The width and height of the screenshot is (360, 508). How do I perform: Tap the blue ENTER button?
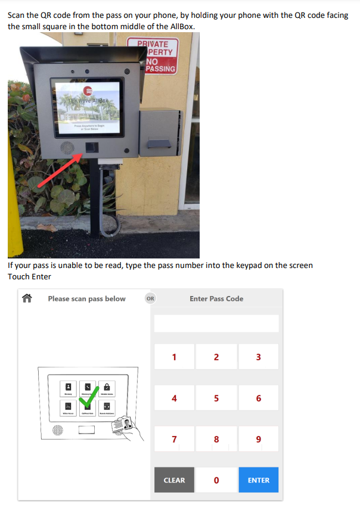pyautogui.click(x=258, y=480)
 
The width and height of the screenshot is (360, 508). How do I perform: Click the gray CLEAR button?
pyautogui.click(x=174, y=480)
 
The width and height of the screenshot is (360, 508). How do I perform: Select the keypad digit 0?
pyautogui.click(x=216, y=480)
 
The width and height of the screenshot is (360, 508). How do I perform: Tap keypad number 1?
pyautogui.click(x=174, y=357)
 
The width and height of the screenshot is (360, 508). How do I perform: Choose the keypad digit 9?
pyautogui.click(x=258, y=440)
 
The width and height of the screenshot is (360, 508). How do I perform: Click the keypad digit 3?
pyautogui.click(x=258, y=357)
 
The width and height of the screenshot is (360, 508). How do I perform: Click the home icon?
pyautogui.click(x=26, y=298)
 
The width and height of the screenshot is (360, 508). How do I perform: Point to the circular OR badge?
pyautogui.click(x=150, y=298)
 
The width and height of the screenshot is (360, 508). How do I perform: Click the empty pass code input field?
pyautogui.click(x=216, y=323)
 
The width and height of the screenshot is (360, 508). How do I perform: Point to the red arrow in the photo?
pyautogui.click(x=60, y=170)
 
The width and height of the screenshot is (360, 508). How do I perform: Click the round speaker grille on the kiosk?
pyautogui.click(x=66, y=148)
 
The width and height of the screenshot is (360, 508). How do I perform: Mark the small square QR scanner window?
pyautogui.click(x=91, y=147)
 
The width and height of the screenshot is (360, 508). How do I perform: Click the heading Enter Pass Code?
pyautogui.click(x=216, y=298)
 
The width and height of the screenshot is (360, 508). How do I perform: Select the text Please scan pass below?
pyautogui.click(x=86, y=298)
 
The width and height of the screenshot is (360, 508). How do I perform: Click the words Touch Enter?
pyautogui.click(x=29, y=276)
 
